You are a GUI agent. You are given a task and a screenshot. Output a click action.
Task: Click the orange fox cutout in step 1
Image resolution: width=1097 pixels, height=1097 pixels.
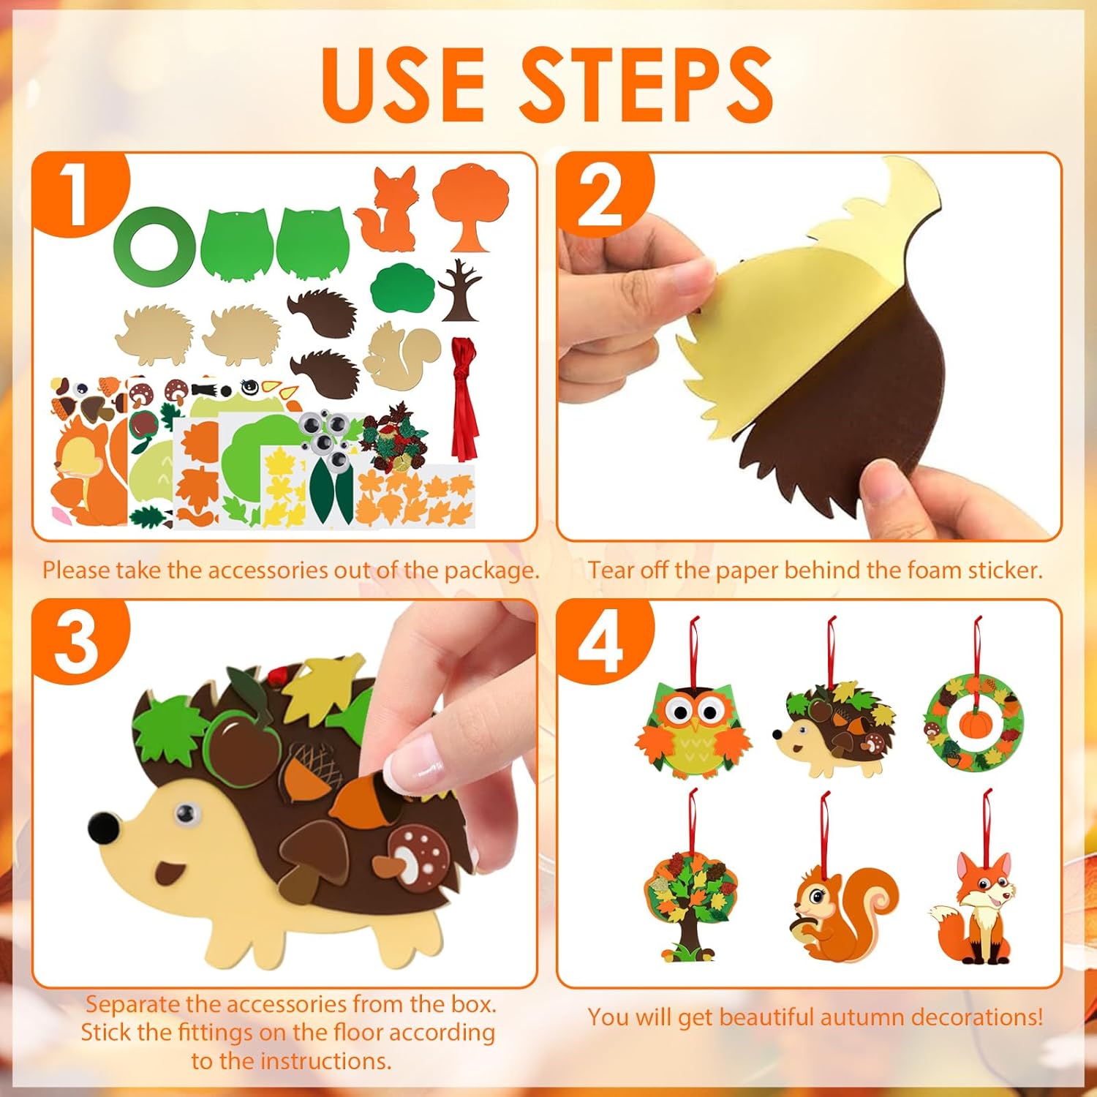click(x=388, y=208)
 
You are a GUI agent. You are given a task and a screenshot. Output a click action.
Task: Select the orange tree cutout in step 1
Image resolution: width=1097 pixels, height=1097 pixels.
click(x=470, y=207)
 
